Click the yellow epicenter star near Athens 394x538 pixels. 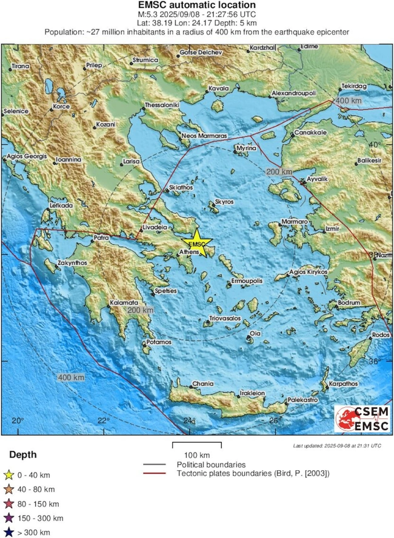[198, 244]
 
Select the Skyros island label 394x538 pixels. [225, 203]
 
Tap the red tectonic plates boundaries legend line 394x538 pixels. [155, 473]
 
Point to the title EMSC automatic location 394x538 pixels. [197, 5]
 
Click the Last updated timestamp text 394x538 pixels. [336, 445]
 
